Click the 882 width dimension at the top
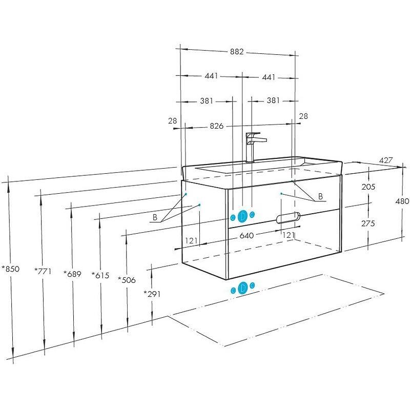click(237, 52)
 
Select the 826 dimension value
click(217, 126)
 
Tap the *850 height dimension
click(10, 269)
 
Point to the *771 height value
click(43, 271)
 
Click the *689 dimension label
click(72, 274)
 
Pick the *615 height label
click(100, 275)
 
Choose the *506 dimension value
click(127, 280)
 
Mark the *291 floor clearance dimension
click(152, 294)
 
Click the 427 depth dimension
click(386, 160)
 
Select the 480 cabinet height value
click(402, 201)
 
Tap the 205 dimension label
click(368, 187)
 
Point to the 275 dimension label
click(368, 223)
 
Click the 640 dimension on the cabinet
click(247, 236)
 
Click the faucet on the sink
click(254, 147)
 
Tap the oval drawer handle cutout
click(288, 217)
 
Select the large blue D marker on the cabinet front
click(243, 216)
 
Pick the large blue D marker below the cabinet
click(243, 288)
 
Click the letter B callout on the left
click(155, 217)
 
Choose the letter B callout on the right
click(321, 196)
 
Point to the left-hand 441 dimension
click(211, 76)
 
